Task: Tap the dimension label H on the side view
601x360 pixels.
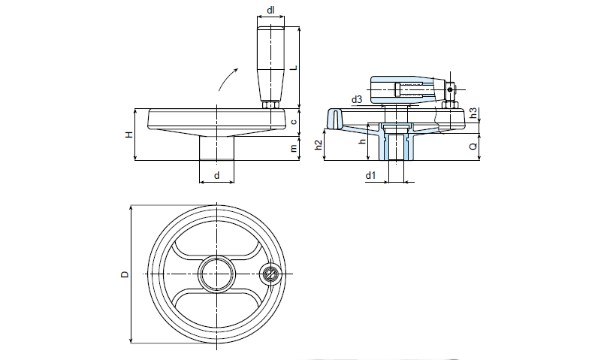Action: click(x=129, y=135)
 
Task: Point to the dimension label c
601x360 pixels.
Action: click(x=294, y=122)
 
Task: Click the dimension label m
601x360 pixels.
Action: click(x=294, y=148)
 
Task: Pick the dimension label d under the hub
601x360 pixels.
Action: click(x=217, y=175)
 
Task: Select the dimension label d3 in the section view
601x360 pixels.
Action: click(x=357, y=99)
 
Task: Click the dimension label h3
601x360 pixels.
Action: click(x=473, y=113)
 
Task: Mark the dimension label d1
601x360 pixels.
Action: click(x=370, y=175)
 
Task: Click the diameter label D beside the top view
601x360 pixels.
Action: click(x=124, y=274)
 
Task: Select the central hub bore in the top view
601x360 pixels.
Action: click(x=216, y=274)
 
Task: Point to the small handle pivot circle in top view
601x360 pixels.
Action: click(x=270, y=274)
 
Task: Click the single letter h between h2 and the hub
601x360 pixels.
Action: click(x=362, y=141)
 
